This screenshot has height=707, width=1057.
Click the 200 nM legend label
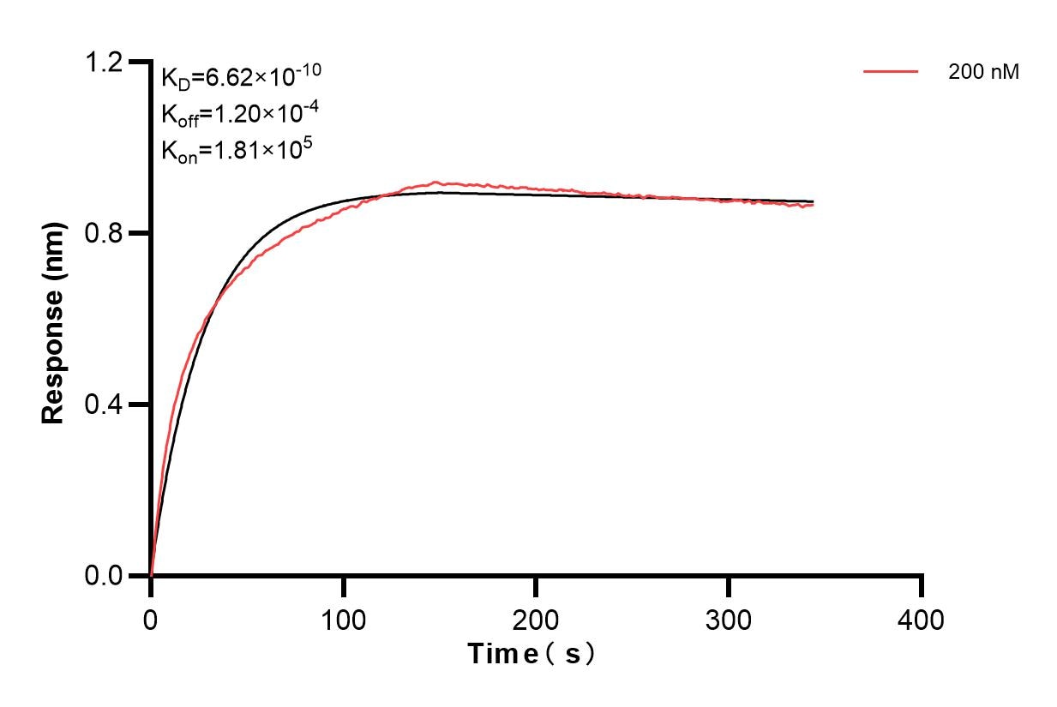983,73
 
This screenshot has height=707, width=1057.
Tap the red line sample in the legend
891,73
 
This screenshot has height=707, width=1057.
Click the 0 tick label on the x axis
151,618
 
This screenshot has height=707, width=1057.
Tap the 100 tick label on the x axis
343,618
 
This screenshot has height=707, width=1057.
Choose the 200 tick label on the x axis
536,618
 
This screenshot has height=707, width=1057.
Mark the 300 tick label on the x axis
729,618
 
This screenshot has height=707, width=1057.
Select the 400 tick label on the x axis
922,618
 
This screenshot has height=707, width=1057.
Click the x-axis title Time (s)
532,654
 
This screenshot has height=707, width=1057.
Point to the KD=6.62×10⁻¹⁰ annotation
241,77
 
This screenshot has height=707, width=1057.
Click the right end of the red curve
813,206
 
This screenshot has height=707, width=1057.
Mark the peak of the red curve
436,182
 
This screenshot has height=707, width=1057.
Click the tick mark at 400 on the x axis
922,586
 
